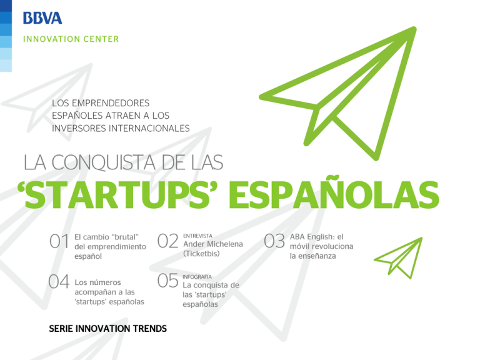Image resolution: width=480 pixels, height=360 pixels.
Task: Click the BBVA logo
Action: pyautogui.click(x=42, y=18)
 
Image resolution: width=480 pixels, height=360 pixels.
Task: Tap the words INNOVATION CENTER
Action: pyautogui.click(x=71, y=39)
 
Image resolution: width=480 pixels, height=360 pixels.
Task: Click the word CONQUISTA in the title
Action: pyautogui.click(x=104, y=162)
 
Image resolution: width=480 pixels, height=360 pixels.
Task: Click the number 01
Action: pyautogui.click(x=59, y=241)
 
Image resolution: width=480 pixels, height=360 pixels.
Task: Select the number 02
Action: pyautogui.click(x=167, y=241)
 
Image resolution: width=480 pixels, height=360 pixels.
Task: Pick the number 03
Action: pyautogui.click(x=274, y=241)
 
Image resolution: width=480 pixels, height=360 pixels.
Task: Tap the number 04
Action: pyautogui.click(x=59, y=281)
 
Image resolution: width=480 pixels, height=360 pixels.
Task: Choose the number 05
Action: pyautogui.click(x=167, y=281)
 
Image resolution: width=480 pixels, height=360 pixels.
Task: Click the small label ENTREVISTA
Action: pyautogui.click(x=197, y=236)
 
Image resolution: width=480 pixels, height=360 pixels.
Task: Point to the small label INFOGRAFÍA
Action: pyautogui.click(x=197, y=277)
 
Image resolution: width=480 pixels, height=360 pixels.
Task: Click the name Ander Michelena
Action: pyautogui.click(x=213, y=244)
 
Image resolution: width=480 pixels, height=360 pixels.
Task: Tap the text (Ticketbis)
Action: pyautogui.click(x=201, y=254)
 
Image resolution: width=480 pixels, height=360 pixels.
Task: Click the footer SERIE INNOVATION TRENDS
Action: pyautogui.click(x=107, y=329)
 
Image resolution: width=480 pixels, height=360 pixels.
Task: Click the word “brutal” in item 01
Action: pyautogui.click(x=126, y=237)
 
